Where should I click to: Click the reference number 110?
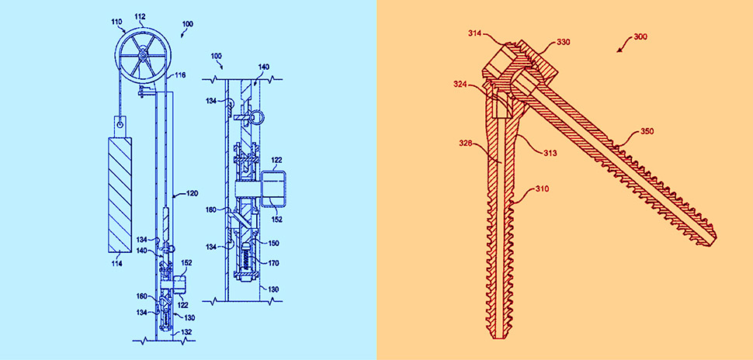[116, 22]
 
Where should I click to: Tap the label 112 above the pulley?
[140, 16]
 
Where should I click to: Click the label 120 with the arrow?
[192, 195]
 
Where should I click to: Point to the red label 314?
[476, 33]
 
